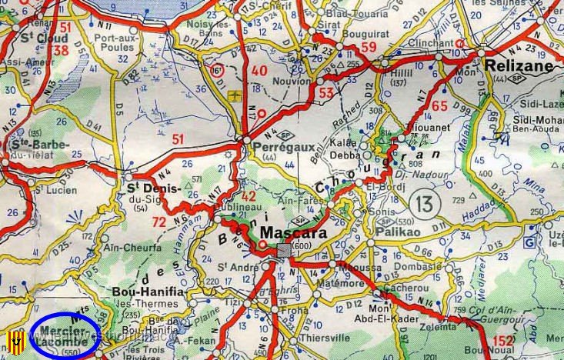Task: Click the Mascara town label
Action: [x=294, y=232]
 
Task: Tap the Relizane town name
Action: [x=520, y=67]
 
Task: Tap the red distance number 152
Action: [x=502, y=342]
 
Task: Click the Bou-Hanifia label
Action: [x=148, y=293]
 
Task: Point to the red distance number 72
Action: [x=160, y=222]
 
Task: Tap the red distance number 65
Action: [x=439, y=106]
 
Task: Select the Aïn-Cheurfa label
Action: [x=128, y=247]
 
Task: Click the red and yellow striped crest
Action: [x=14, y=339]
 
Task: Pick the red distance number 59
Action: [x=369, y=48]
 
